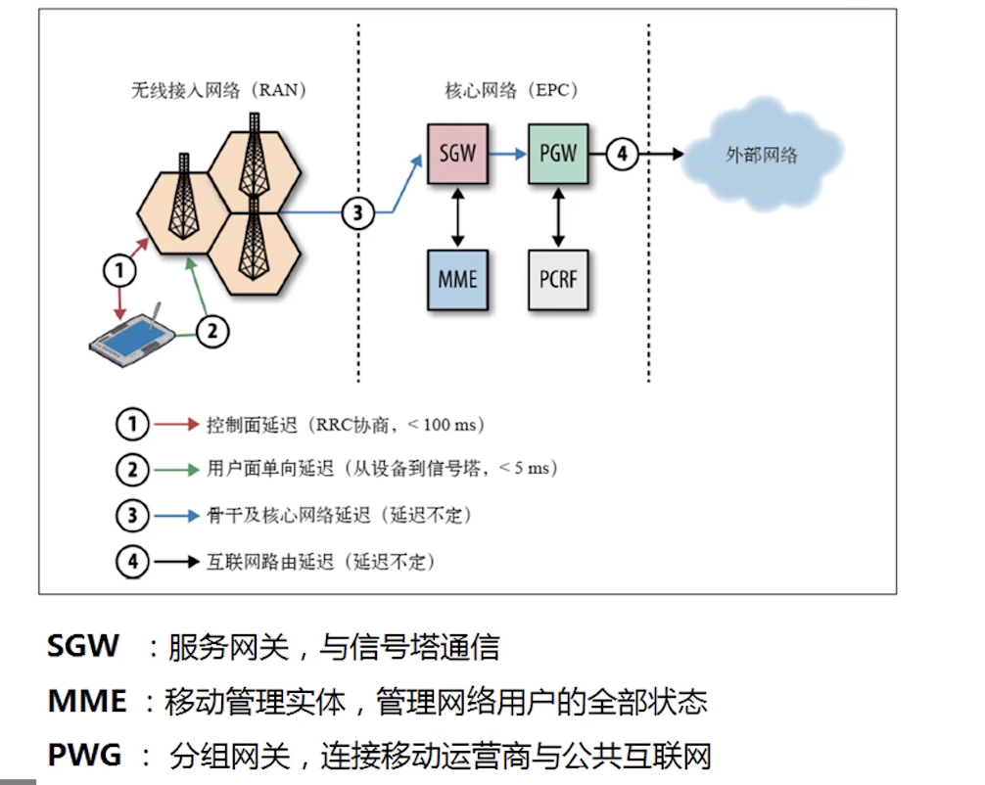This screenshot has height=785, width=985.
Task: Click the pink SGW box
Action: click(x=457, y=154)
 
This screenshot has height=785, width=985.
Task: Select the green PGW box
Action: click(x=557, y=154)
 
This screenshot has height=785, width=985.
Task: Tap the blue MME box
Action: click(x=457, y=279)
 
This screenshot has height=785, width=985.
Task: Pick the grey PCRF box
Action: click(x=558, y=279)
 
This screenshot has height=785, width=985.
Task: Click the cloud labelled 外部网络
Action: click(x=762, y=154)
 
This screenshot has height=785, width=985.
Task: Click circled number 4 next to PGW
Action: click(x=623, y=154)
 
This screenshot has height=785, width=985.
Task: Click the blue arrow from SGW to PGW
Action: click(x=507, y=154)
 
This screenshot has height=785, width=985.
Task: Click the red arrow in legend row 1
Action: click(x=175, y=425)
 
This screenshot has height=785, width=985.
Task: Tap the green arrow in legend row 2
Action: click(x=175, y=469)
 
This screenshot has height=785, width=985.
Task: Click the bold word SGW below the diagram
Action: click(x=83, y=646)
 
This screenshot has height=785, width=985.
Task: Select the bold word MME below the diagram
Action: click(x=87, y=701)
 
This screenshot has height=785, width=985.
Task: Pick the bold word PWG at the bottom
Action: click(x=84, y=756)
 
